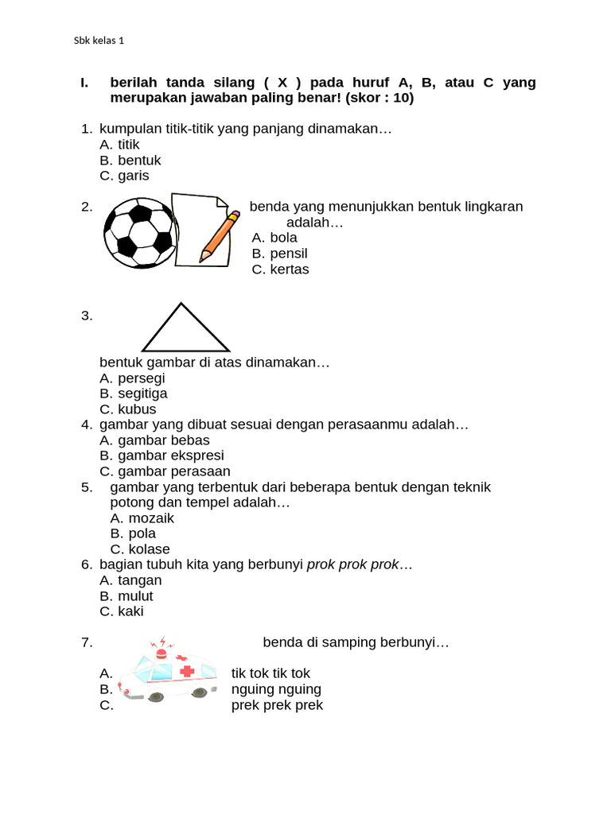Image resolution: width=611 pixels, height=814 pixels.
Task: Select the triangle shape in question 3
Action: click(x=185, y=330)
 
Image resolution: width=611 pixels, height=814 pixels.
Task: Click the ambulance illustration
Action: click(x=167, y=674)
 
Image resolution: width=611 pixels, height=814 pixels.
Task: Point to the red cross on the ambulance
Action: click(x=187, y=672)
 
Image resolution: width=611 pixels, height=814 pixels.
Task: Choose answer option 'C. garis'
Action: click(x=124, y=176)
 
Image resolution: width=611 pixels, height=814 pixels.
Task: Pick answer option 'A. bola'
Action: click(x=274, y=238)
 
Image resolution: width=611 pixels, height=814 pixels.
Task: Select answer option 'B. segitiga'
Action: click(x=133, y=393)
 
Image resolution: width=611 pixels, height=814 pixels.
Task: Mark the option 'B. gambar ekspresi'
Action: click(x=162, y=455)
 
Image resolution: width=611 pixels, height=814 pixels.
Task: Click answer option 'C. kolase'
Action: click(x=139, y=549)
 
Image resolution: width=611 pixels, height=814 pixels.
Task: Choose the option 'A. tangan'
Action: click(x=130, y=580)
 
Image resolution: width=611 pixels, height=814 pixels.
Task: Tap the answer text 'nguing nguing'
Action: click(x=276, y=689)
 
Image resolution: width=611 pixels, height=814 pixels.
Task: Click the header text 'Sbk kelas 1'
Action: click(x=99, y=41)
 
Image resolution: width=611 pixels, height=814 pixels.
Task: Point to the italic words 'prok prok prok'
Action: click(x=352, y=565)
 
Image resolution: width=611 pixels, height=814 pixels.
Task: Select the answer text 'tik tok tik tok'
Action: click(x=270, y=673)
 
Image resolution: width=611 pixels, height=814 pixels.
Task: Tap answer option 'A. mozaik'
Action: click(x=142, y=518)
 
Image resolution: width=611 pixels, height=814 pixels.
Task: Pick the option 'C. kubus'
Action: click(x=127, y=409)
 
